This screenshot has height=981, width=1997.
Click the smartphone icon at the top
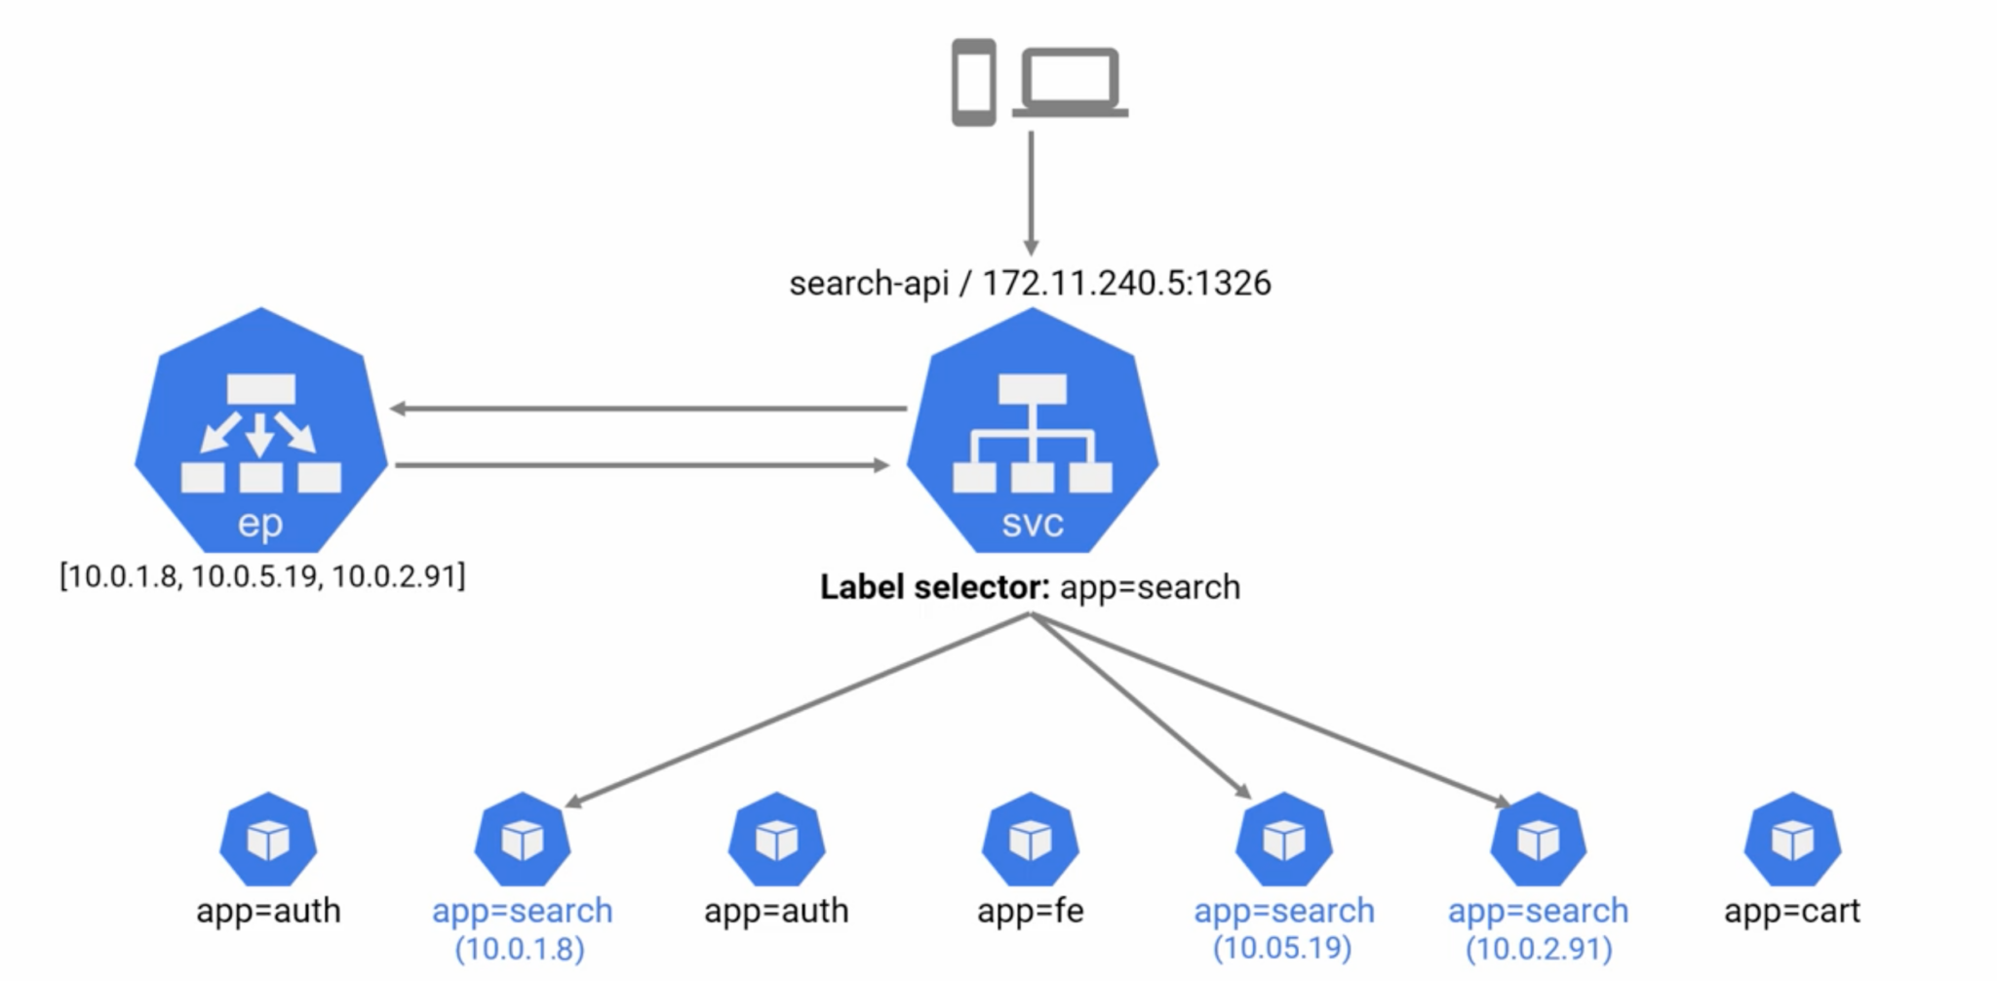(973, 82)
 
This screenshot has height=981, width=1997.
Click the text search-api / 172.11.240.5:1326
(1030, 283)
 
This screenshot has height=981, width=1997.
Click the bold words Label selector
(934, 587)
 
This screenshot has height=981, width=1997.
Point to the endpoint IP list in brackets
(262, 576)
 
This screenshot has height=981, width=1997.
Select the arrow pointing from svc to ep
(648, 409)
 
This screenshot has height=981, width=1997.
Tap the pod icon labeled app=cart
(1792, 840)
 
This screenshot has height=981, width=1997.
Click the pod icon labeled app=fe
(1030, 840)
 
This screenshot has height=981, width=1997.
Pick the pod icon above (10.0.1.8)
(523, 840)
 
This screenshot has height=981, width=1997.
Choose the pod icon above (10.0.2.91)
(1538, 840)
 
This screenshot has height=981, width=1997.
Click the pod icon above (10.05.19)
(1283, 840)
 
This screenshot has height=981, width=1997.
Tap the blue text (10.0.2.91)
(1538, 948)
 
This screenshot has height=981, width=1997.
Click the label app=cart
(1791, 911)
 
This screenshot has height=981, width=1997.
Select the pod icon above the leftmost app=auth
(268, 840)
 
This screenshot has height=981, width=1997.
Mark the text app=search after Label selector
(1150, 587)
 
